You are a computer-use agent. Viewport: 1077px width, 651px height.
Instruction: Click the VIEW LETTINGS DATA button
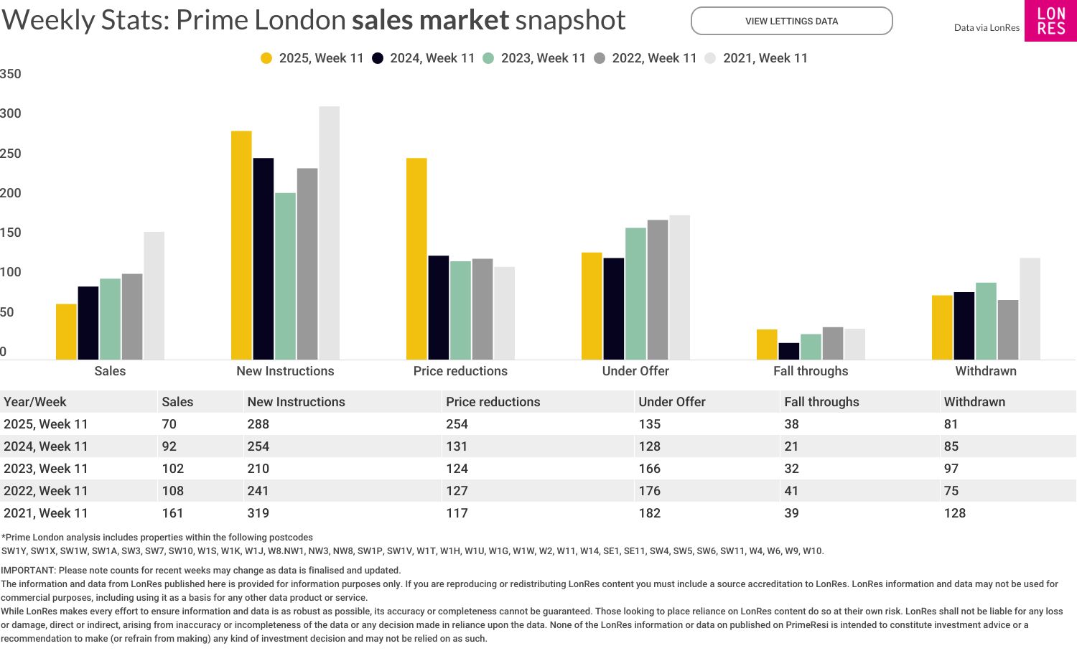tap(791, 21)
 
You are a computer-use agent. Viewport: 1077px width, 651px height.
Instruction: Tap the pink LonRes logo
tap(1050, 21)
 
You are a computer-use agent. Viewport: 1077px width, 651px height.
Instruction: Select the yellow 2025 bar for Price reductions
tap(416, 258)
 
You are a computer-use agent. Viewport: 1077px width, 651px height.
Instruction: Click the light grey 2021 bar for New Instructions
tap(329, 233)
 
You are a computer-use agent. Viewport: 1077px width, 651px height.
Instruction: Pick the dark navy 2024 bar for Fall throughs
tap(788, 351)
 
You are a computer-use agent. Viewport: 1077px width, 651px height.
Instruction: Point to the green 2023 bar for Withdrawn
tap(986, 321)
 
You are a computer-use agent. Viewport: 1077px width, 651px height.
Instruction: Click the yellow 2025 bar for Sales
tap(66, 332)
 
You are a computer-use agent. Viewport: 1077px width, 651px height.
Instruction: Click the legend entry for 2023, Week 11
tap(535, 58)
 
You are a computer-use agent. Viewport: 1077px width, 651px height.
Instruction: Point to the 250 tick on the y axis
tap(11, 154)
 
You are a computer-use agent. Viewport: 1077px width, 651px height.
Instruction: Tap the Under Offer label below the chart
tap(635, 371)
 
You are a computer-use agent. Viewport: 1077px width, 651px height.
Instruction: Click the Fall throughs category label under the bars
tap(811, 371)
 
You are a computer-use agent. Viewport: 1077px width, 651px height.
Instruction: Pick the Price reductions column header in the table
tap(493, 402)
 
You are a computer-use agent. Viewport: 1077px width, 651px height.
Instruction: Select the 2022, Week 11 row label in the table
tap(46, 491)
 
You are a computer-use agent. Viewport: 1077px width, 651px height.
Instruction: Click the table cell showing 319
tap(258, 513)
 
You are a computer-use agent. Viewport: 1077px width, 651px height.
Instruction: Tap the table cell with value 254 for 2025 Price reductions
tap(457, 424)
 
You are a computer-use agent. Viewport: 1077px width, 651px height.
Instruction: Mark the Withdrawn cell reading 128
tap(954, 513)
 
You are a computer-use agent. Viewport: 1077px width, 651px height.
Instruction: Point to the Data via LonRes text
tap(986, 28)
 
